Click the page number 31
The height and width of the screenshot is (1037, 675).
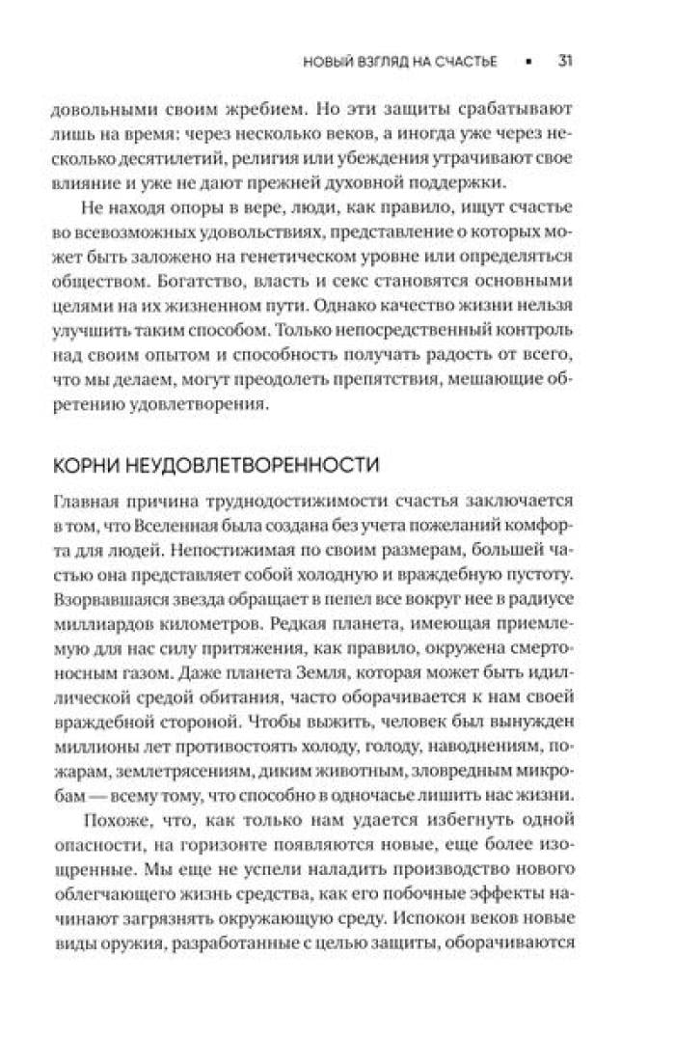coord(566,61)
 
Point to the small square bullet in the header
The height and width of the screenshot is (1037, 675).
coord(529,61)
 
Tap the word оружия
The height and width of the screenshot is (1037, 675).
coord(142,943)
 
